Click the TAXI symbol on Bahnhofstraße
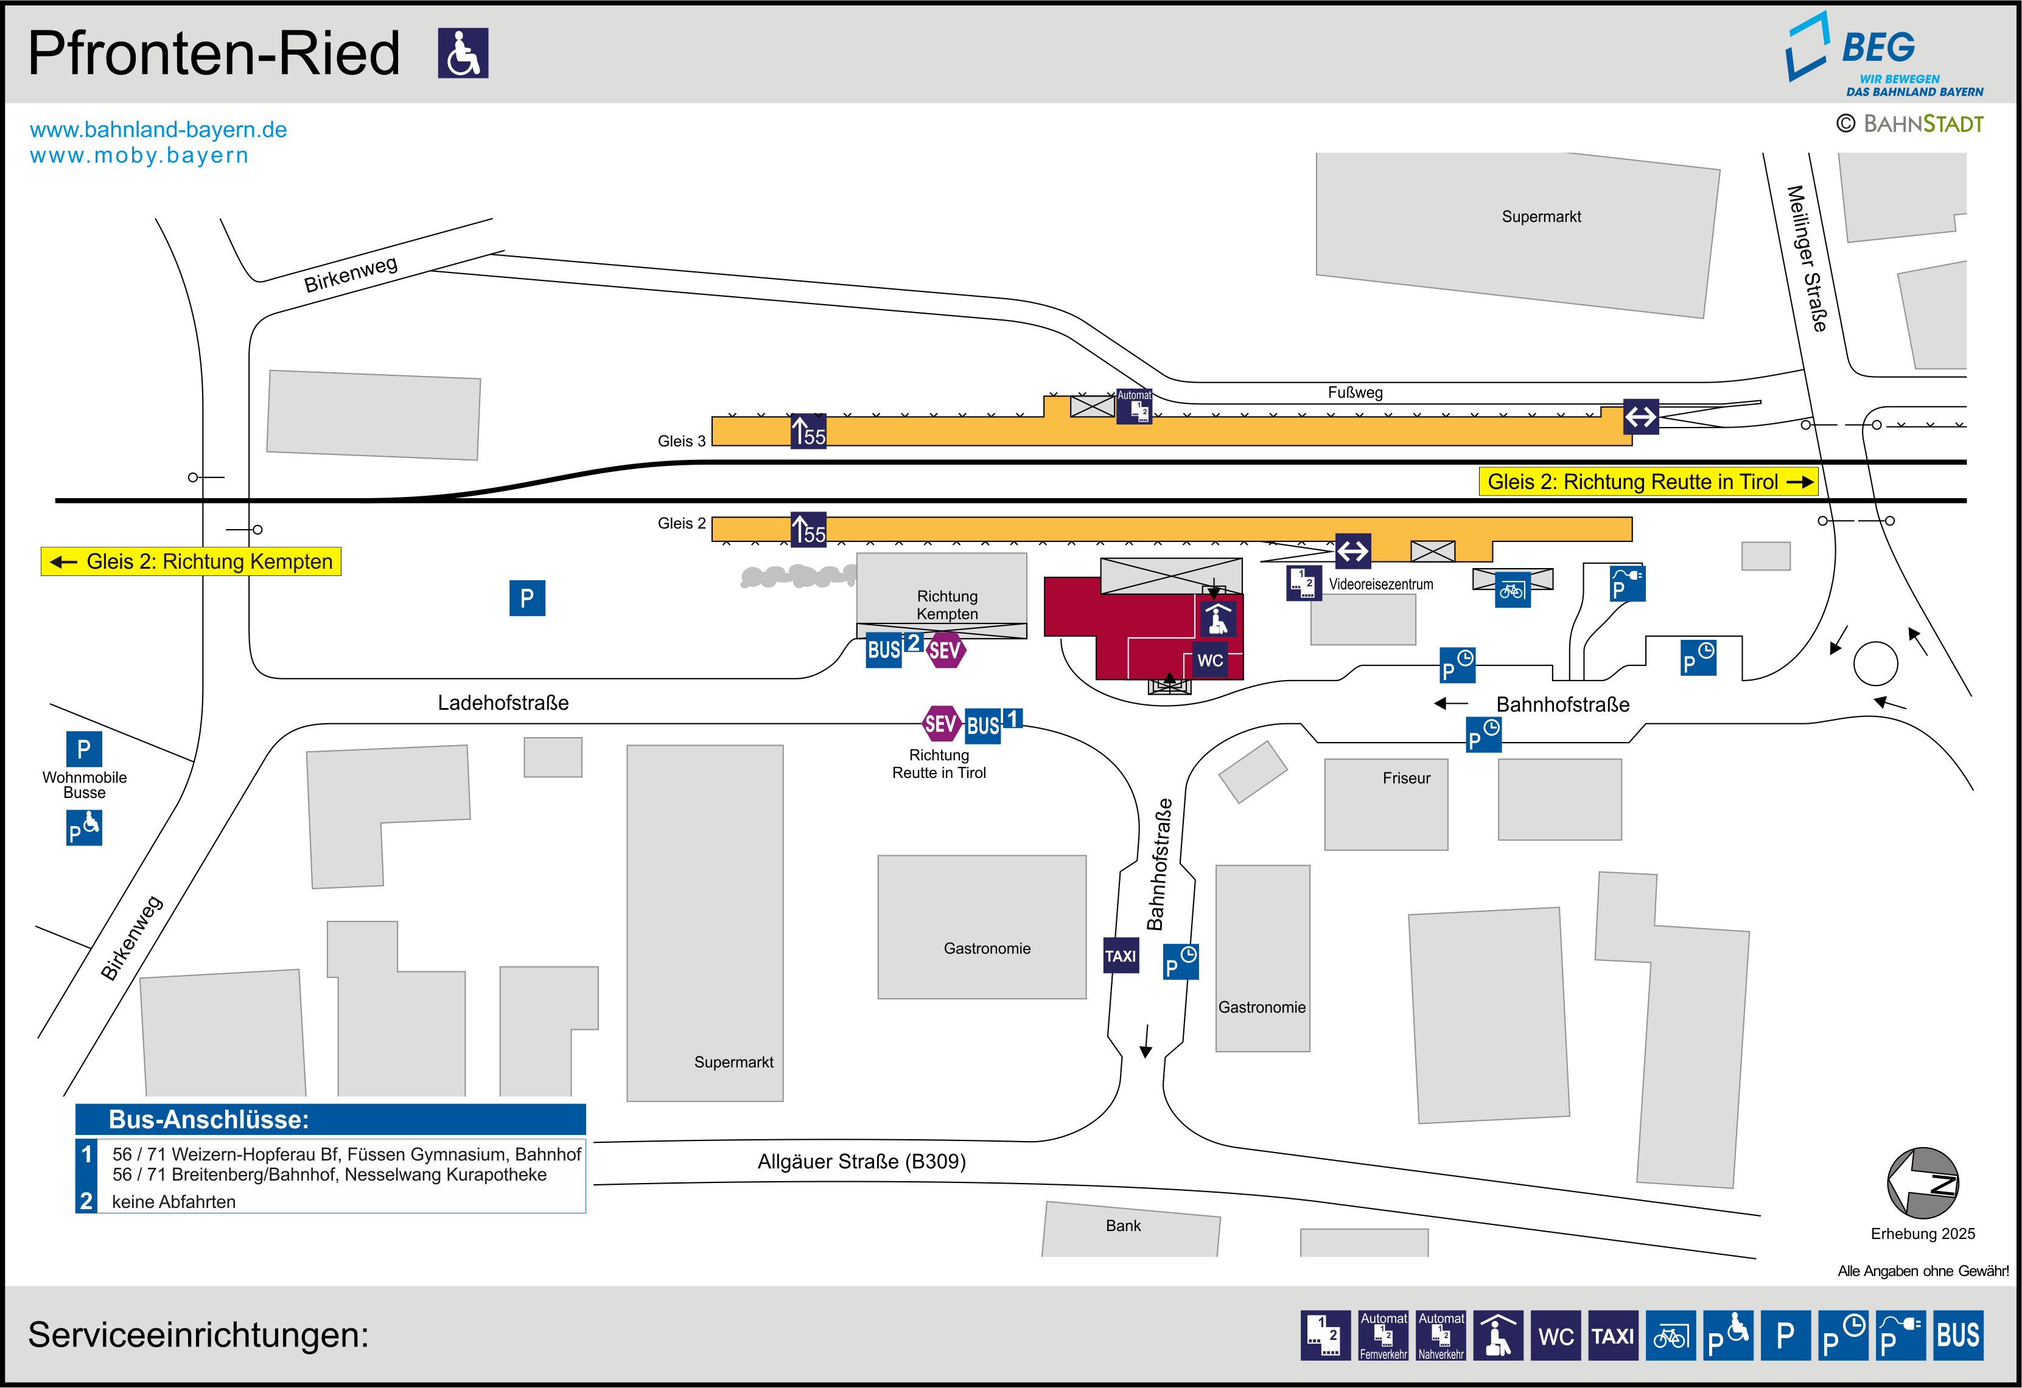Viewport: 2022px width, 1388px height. point(1121,956)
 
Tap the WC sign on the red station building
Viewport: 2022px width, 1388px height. point(1209,660)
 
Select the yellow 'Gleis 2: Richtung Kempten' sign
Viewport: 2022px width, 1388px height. point(191,562)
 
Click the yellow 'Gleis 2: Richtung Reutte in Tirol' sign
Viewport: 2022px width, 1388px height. point(1648,482)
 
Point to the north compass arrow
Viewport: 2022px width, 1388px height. point(1922,1183)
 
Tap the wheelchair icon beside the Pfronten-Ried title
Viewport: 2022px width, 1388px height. point(463,53)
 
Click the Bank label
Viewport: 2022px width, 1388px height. point(1122,1226)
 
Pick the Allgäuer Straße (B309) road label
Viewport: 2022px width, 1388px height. point(861,1162)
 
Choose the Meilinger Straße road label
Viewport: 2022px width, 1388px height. point(1807,259)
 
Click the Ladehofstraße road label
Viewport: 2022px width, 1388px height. point(503,703)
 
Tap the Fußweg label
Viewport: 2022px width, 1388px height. point(1355,392)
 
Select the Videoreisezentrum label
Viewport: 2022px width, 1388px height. point(1381,585)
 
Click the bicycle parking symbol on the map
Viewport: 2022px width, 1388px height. point(1512,591)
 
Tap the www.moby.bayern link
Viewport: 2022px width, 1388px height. point(139,156)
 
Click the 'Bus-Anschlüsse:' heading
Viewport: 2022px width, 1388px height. point(209,1119)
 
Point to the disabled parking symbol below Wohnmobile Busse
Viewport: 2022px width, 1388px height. point(85,828)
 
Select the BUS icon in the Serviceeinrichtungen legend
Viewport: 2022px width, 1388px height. point(1957,1335)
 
